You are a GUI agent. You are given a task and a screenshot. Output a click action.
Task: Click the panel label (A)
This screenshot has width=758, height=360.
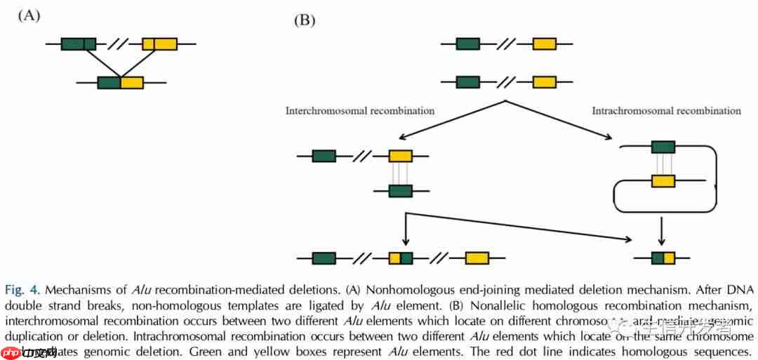pyautogui.click(x=29, y=15)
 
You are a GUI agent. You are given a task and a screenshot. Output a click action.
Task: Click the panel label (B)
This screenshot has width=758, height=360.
pyautogui.click(x=304, y=20)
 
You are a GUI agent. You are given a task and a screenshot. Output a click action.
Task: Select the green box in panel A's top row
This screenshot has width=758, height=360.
pyautogui.click(x=78, y=44)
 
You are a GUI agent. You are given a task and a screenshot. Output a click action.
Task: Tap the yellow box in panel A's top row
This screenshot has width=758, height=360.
pyautogui.click(x=159, y=44)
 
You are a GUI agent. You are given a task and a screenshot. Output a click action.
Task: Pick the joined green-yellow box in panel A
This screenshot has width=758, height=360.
pyautogui.click(x=121, y=83)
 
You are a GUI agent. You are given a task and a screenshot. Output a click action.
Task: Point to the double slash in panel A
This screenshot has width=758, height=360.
pyautogui.click(x=118, y=44)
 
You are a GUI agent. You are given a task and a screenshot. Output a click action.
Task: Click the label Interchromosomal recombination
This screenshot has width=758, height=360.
pyautogui.click(x=359, y=110)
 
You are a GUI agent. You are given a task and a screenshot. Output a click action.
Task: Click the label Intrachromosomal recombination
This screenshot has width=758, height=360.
pyautogui.click(x=666, y=110)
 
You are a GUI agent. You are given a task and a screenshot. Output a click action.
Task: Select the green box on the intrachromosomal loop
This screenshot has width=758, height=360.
pyautogui.click(x=663, y=147)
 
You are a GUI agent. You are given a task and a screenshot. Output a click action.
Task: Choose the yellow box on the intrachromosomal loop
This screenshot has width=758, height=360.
pyautogui.click(x=663, y=181)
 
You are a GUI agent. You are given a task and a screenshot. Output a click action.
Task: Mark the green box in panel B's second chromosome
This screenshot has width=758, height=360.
pyautogui.click(x=468, y=82)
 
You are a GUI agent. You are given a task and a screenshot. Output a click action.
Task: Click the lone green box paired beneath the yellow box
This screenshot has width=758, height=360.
pyautogui.click(x=401, y=190)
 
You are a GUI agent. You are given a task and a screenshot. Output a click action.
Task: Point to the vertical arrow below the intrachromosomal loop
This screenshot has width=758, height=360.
pyautogui.click(x=661, y=229)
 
